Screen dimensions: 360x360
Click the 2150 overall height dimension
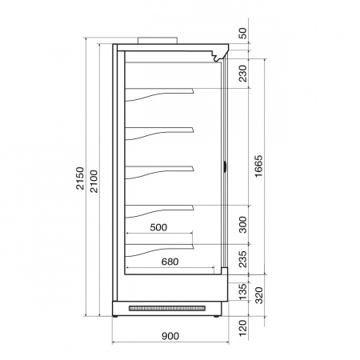(x=80, y=178)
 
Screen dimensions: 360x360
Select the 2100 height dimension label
(x=94, y=181)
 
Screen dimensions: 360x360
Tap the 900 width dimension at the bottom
(x=170, y=336)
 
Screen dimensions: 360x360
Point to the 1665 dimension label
(x=258, y=166)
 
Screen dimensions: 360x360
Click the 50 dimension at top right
(x=242, y=33)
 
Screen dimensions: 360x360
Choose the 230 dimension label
(x=242, y=74)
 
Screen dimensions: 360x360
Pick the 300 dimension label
(x=242, y=225)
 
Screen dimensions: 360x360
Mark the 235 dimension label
(x=242, y=259)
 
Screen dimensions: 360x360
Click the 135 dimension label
(x=242, y=292)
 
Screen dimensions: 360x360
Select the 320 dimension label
(x=259, y=295)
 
